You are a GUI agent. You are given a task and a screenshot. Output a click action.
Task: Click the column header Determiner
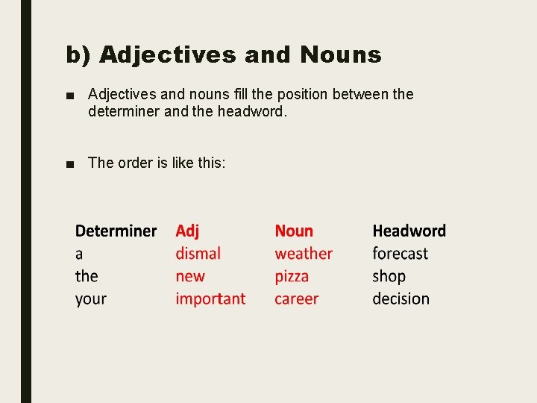tap(116, 231)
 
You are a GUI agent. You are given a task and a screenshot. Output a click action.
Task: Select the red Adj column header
tap(187, 231)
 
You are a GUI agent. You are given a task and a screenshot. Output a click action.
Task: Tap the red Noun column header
tap(294, 231)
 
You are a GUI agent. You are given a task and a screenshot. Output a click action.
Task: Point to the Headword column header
tap(409, 231)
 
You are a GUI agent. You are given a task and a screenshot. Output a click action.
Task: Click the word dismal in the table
tap(198, 254)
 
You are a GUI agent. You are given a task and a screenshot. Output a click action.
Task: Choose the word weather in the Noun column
tap(304, 254)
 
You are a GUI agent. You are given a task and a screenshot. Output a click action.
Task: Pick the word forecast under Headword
tap(400, 254)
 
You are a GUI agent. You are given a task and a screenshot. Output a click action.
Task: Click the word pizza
tap(292, 277)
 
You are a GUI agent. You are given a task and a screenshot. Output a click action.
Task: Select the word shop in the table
tap(389, 277)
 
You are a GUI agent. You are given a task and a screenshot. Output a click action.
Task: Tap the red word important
tap(210, 299)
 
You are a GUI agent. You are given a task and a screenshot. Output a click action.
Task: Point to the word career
tap(296, 299)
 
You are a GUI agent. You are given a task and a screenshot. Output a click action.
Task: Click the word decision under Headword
tap(401, 299)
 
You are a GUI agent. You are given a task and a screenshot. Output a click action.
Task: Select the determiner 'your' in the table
tap(91, 299)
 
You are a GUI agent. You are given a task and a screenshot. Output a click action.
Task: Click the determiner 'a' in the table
tap(79, 254)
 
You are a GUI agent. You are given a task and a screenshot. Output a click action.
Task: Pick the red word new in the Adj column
tap(190, 277)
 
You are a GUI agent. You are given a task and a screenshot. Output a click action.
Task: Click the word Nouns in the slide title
tap(340, 54)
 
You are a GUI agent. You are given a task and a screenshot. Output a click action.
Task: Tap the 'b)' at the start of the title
tap(78, 55)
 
